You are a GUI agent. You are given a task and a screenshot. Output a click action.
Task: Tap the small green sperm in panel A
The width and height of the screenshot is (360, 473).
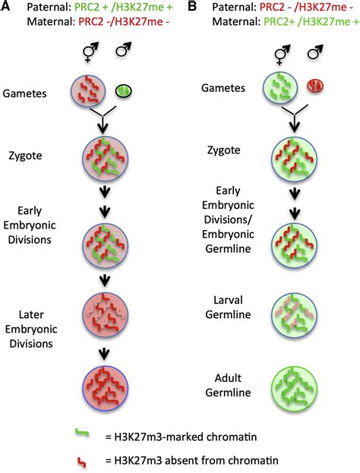[123, 90]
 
